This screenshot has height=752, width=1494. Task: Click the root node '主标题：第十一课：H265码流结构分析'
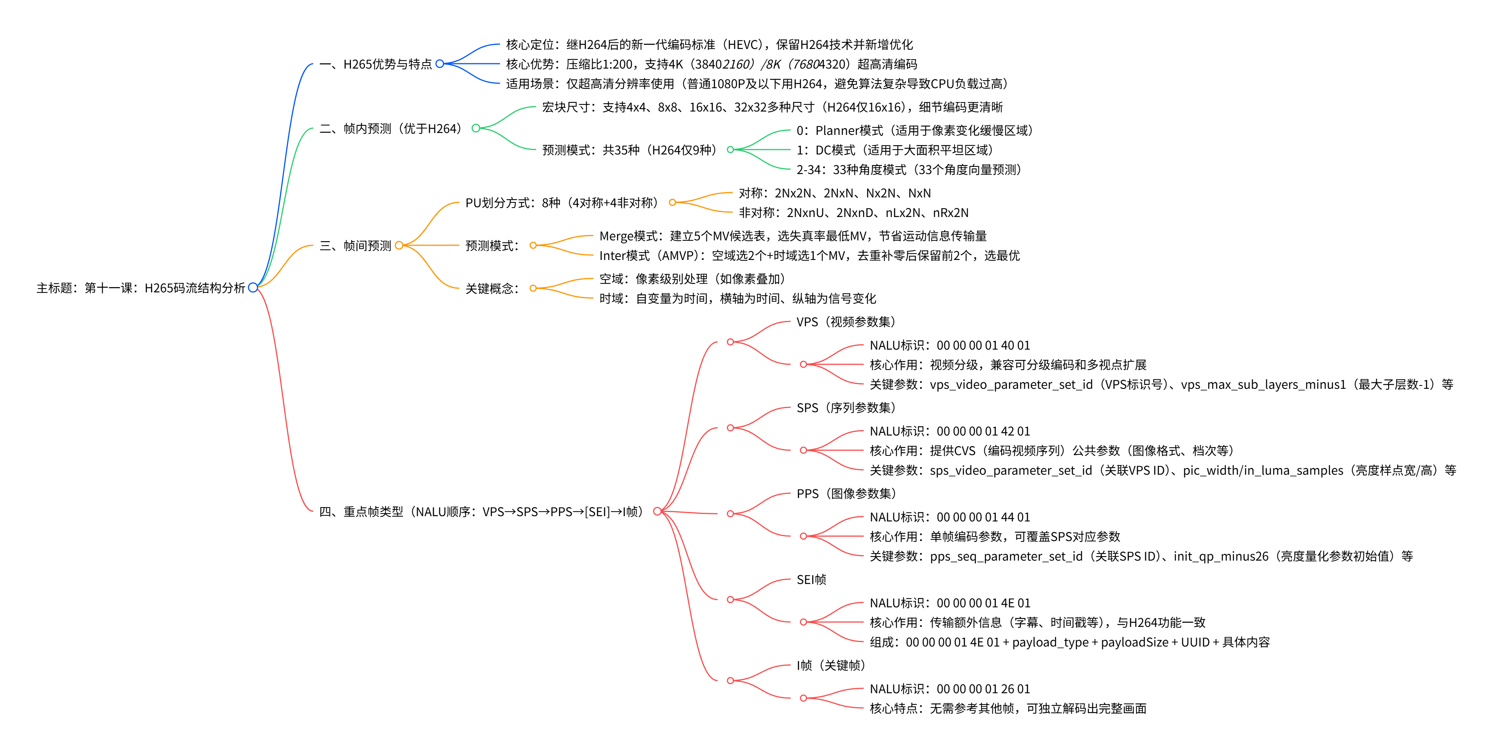pyautogui.click(x=140, y=288)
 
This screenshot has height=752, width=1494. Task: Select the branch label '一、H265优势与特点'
pyautogui.click(x=375, y=64)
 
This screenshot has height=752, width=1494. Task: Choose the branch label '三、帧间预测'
pyautogui.click(x=355, y=245)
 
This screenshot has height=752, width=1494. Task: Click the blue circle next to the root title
pyautogui.click(x=253, y=287)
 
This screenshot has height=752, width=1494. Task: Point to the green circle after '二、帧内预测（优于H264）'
pyautogui.click(x=476, y=128)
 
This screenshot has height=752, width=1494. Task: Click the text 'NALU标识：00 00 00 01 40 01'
pyautogui.click(x=950, y=345)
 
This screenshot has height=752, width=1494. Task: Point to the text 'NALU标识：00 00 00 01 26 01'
pyautogui.click(x=950, y=689)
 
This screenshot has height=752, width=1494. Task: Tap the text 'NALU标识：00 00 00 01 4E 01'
pyautogui.click(x=950, y=603)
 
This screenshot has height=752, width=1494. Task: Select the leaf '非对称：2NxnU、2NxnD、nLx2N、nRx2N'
pyautogui.click(x=853, y=213)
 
